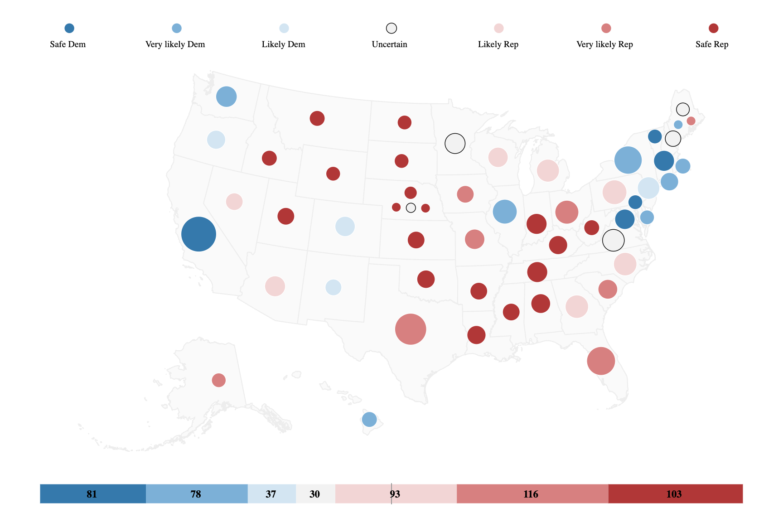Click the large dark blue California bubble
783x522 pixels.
pyautogui.click(x=198, y=234)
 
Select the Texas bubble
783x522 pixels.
pyautogui.click(x=411, y=329)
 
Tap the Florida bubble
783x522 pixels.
pyautogui.click(x=601, y=361)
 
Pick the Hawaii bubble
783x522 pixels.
pyautogui.click(x=369, y=419)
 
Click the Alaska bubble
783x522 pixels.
pyautogui.click(x=219, y=380)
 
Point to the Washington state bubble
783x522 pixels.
pyautogui.click(x=227, y=97)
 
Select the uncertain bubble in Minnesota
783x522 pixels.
pyautogui.click(x=455, y=144)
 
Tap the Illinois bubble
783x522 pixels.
pyautogui.click(x=505, y=212)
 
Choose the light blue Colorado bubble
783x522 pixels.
pyautogui.click(x=345, y=227)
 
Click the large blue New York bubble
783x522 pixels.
pyautogui.click(x=628, y=160)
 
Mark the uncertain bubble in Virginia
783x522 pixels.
pyautogui.click(x=613, y=240)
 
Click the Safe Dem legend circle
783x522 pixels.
pyautogui.click(x=69, y=29)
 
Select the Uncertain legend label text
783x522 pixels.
pyautogui.click(x=389, y=44)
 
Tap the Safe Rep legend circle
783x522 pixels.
pyautogui.click(x=713, y=29)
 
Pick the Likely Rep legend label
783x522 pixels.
pyautogui.click(x=498, y=44)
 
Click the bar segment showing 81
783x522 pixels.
pyautogui.click(x=92, y=493)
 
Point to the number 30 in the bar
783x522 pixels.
pyautogui.click(x=314, y=494)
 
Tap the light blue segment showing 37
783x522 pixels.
pyautogui.click(x=271, y=493)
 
